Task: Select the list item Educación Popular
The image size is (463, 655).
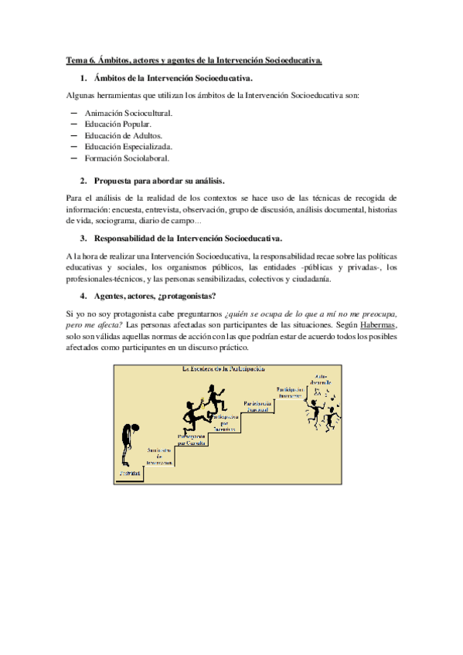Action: (118, 124)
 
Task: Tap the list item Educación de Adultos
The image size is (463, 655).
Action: (124, 135)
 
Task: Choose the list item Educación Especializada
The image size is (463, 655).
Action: (129, 146)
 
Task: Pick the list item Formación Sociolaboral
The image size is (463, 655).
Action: (126, 158)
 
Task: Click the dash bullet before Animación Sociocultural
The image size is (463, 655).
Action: (74, 113)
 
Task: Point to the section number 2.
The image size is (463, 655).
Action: (83, 180)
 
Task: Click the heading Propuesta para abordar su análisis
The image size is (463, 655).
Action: (158, 180)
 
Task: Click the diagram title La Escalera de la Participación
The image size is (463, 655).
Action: (229, 370)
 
